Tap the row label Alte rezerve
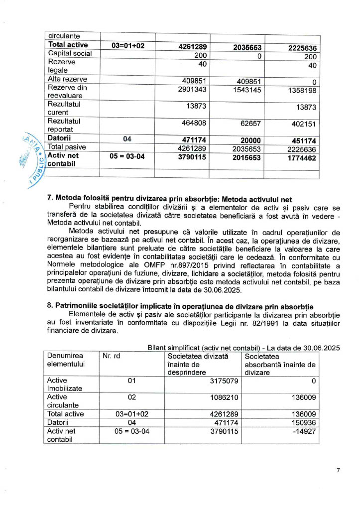67,79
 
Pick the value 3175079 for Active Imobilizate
222,382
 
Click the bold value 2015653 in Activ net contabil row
247,158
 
